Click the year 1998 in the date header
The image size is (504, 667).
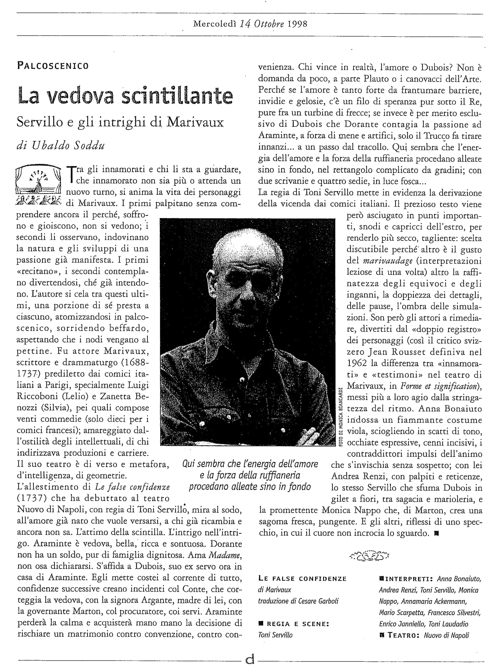[297, 24]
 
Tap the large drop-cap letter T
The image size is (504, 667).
[71, 172]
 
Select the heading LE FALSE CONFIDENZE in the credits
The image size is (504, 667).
[302, 579]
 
